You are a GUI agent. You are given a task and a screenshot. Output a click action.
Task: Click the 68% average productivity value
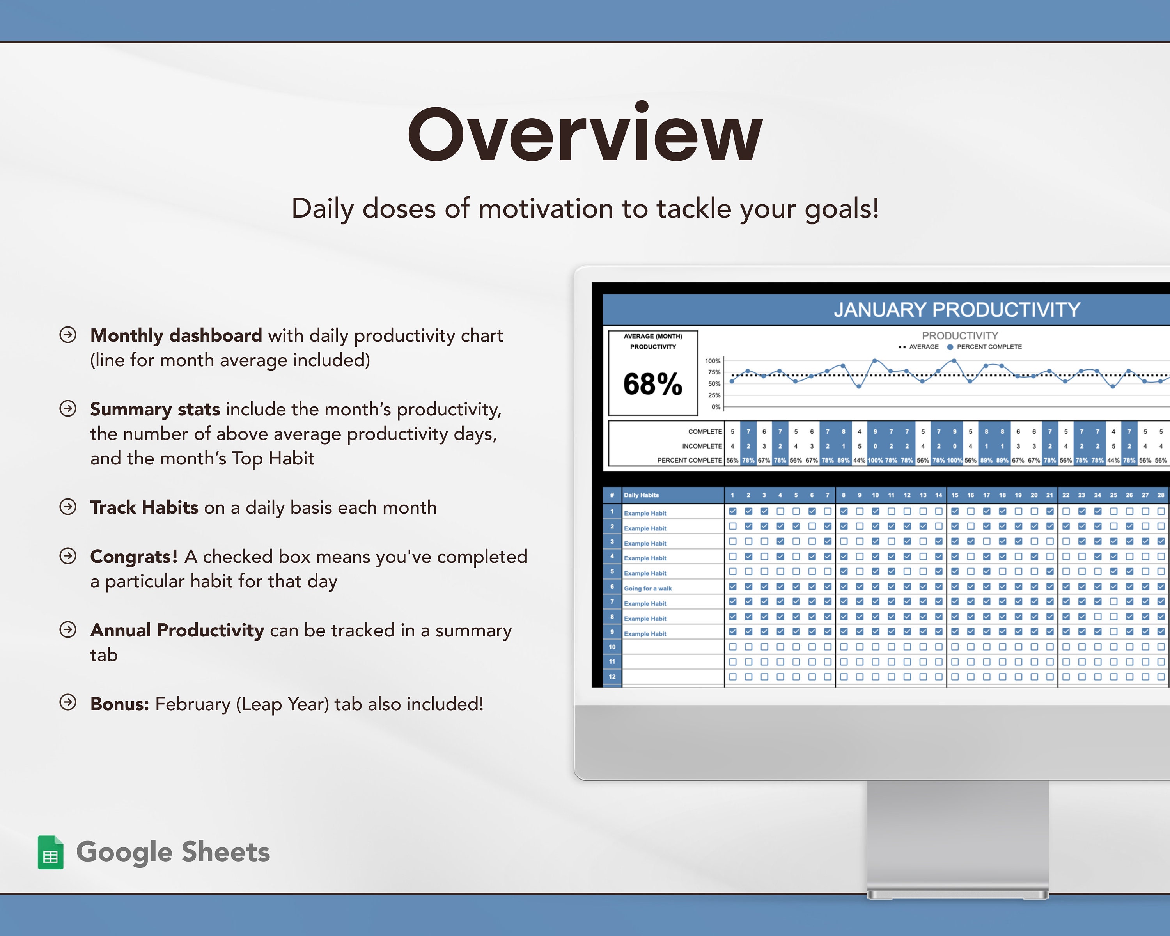point(652,384)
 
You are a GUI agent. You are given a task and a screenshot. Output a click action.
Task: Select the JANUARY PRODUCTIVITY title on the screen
point(957,309)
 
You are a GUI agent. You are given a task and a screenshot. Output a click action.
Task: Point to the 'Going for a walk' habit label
point(647,588)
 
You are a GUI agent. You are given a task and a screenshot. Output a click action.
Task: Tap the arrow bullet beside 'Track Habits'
point(68,507)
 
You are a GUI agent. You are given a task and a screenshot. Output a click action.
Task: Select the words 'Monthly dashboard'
point(176,335)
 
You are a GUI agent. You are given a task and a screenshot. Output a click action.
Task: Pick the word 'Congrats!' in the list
point(133,556)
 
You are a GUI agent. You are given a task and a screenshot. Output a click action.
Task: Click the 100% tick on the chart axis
point(713,361)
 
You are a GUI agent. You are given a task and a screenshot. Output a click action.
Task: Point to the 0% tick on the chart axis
point(716,407)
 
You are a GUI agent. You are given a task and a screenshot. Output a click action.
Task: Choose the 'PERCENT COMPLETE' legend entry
point(988,347)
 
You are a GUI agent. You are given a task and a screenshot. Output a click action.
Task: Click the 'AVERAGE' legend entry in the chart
point(923,347)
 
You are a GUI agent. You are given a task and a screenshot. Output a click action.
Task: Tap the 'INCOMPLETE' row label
point(702,446)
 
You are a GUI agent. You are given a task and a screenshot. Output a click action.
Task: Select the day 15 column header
point(955,495)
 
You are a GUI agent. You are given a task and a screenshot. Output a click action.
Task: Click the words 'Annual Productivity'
point(177,630)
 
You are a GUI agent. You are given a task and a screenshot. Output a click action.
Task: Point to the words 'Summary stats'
point(155,409)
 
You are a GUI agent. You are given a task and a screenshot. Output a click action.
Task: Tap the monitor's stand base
point(957,894)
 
